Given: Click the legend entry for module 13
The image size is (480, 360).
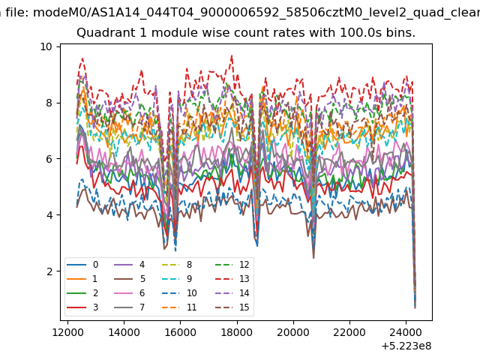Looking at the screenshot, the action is [x=232, y=279].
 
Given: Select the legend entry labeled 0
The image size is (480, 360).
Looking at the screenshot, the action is [x=82, y=265].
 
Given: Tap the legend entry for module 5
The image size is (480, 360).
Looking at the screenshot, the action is [x=130, y=279].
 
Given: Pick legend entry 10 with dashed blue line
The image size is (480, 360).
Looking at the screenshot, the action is [x=179, y=293].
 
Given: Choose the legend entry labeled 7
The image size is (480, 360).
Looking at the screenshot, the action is [x=130, y=307].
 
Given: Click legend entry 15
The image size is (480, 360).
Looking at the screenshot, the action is [x=232, y=307].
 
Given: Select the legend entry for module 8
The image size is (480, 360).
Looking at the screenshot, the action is [x=177, y=265].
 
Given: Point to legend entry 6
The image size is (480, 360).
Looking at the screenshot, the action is [x=130, y=293].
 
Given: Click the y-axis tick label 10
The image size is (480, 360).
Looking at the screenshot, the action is [x=46, y=46].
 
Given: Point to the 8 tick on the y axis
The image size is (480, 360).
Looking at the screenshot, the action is [x=49, y=103].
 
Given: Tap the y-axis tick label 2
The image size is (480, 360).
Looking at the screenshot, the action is [x=49, y=271].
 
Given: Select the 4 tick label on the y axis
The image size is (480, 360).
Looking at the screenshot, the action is [x=49, y=215].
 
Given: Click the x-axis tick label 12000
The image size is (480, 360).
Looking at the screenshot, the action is [x=67, y=332].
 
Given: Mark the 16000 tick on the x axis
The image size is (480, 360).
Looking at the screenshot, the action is [x=180, y=332].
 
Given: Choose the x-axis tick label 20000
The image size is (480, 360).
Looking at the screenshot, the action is [x=293, y=332].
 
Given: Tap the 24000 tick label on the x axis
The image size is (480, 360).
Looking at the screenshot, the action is [x=406, y=332].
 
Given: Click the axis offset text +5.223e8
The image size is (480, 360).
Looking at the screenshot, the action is [x=406, y=346].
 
